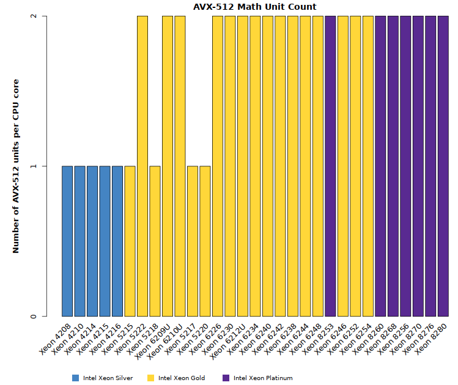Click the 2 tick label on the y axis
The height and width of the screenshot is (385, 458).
click(34, 16)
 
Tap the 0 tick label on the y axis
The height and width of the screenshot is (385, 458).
click(34, 317)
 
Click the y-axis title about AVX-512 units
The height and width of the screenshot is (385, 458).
click(17, 166)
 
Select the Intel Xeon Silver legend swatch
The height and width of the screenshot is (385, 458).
click(76, 378)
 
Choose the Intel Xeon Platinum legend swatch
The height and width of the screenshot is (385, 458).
click(226, 378)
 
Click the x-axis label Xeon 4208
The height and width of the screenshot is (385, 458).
click(56, 336)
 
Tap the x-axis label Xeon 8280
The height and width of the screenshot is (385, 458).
click(432, 336)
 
